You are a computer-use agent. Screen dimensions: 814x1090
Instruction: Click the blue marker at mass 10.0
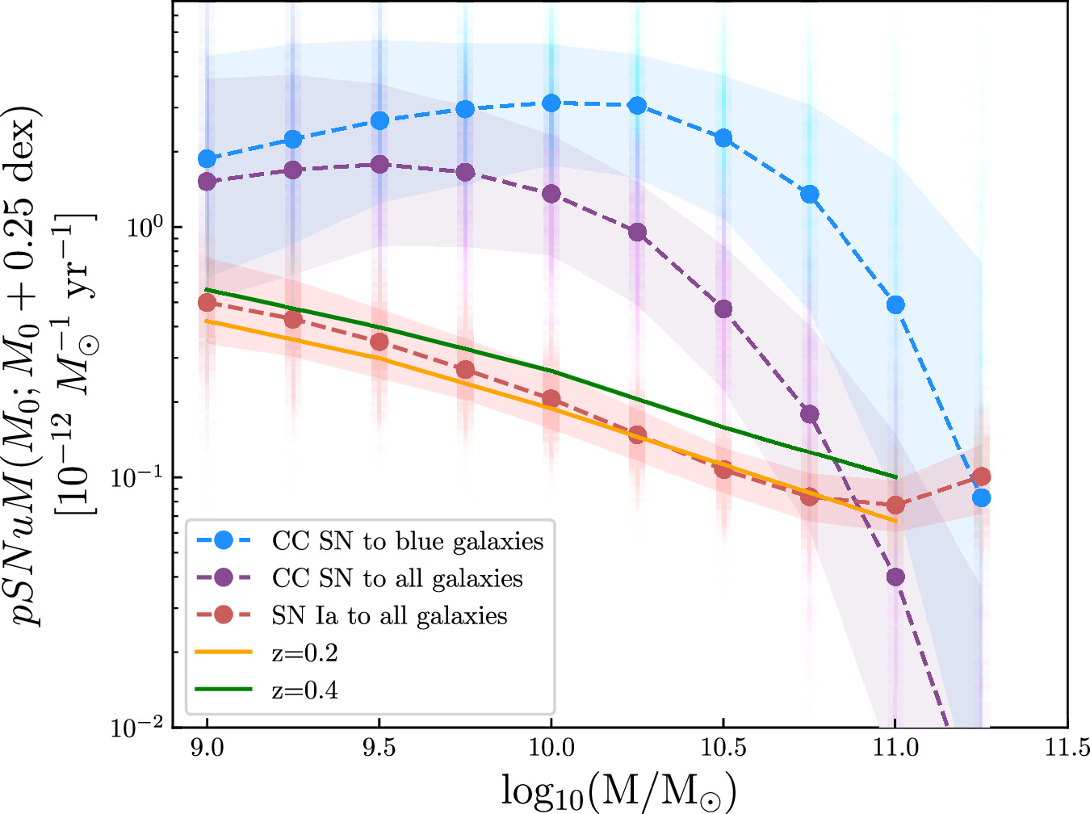[x=551, y=103]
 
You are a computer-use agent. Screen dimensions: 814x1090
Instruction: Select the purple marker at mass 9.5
[x=379, y=164]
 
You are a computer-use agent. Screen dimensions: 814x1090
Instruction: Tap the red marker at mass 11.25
[x=981, y=476]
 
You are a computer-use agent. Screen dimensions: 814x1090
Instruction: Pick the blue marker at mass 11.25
[x=981, y=497]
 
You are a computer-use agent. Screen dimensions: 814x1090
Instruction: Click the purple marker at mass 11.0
[x=895, y=577]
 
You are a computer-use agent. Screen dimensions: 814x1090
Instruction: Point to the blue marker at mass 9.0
[x=208, y=158]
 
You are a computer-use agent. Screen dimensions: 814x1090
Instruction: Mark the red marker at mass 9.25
[x=293, y=319]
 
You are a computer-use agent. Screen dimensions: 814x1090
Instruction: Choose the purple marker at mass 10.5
[x=723, y=308]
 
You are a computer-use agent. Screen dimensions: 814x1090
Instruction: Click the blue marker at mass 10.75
[x=809, y=194]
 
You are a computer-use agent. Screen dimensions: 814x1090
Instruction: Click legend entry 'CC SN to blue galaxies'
[x=408, y=540]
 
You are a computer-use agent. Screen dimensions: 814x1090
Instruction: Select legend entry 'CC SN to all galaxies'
[x=397, y=578]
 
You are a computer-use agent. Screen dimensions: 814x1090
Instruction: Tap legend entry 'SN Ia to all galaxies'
[x=389, y=615]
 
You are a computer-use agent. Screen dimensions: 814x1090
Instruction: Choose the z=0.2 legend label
[x=305, y=653]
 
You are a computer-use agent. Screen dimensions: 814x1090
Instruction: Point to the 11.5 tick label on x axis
[x=1067, y=748]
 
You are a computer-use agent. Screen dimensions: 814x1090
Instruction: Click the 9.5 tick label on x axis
[x=379, y=748]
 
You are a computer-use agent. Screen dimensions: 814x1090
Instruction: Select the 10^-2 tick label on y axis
[x=138, y=725]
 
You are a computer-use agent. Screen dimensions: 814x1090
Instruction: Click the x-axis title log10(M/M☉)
[x=618, y=790]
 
